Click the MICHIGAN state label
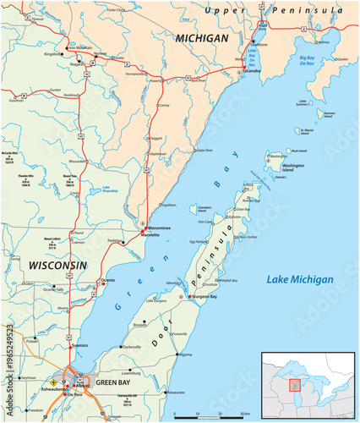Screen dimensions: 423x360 (x=201, y=38)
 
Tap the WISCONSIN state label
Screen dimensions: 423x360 (x=57, y=265)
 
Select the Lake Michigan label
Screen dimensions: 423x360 (x=300, y=279)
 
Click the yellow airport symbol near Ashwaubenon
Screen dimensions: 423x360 (x=54, y=383)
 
